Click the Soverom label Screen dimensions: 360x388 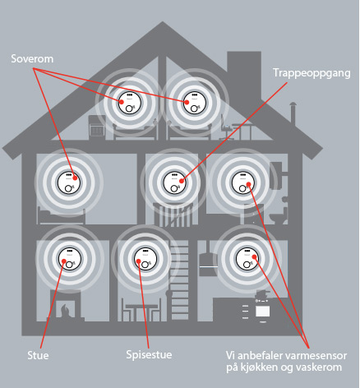[32, 59]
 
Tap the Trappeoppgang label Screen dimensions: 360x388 [312, 73]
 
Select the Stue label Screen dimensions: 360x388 [38, 355]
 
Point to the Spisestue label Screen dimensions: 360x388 [149, 355]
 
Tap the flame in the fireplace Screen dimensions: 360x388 [66, 311]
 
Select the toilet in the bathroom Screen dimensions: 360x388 [278, 215]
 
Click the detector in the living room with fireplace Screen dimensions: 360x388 [70, 259]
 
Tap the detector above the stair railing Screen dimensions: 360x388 [174, 182]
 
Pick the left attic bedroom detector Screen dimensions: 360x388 [130, 103]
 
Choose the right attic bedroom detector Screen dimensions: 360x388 [194, 103]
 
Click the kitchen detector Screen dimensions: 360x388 [247, 259]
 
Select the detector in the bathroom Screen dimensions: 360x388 [243, 182]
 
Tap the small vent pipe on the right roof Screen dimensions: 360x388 [293, 113]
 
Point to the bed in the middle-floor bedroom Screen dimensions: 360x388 [61, 215]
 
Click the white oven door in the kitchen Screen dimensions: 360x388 [262, 311]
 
